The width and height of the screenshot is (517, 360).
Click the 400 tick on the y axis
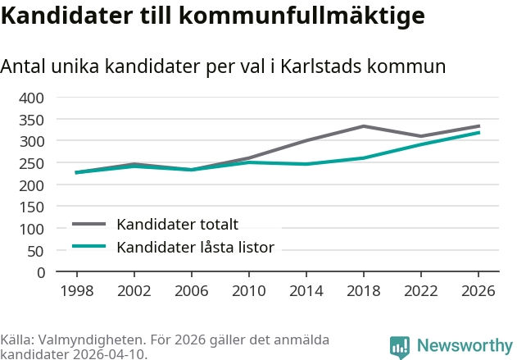coord(31,98)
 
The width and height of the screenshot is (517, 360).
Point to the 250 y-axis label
coord(31,164)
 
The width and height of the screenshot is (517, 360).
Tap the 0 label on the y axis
coord(41,272)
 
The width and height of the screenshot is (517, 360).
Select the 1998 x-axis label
coord(77,290)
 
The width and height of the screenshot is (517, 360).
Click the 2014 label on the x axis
coord(306,290)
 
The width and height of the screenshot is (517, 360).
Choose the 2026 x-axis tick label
coord(478,290)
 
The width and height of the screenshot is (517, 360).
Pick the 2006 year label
coord(192,290)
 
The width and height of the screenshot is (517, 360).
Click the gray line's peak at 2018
coord(363,126)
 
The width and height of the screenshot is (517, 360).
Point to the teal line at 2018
coord(363,158)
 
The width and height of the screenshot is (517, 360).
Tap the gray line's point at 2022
coord(420,136)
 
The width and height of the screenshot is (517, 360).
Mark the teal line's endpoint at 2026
coord(478,133)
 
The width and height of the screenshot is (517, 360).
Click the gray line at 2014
coord(306,140)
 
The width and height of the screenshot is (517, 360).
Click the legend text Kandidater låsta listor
coord(196,247)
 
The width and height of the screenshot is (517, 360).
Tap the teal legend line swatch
coord(88,246)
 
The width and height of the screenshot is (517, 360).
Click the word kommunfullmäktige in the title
coord(302,16)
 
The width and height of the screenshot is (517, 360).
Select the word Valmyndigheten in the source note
coord(92,339)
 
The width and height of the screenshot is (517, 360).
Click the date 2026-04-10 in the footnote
coord(110,354)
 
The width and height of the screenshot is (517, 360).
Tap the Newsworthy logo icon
coord(400,348)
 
